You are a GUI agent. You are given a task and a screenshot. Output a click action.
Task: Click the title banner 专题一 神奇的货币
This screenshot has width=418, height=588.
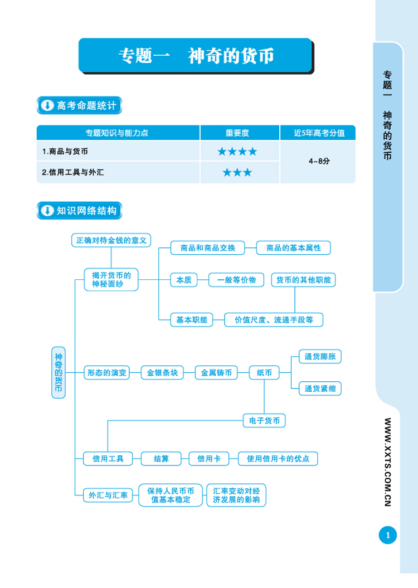point(196,55)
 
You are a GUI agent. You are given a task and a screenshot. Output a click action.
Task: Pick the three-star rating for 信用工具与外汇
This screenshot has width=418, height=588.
point(237,173)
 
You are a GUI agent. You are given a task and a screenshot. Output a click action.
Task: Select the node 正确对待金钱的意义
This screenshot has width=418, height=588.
point(111,240)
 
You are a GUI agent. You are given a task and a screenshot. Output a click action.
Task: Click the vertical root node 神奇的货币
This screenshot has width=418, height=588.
point(59,372)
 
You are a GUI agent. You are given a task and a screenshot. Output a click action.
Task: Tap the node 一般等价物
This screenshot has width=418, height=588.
point(236,280)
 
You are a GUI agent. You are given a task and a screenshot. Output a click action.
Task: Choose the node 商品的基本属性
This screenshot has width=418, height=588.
point(294,248)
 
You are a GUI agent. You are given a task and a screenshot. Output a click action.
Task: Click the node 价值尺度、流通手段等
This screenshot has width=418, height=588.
point(274,320)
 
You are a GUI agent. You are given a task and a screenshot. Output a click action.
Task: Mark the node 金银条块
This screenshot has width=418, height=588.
point(162,372)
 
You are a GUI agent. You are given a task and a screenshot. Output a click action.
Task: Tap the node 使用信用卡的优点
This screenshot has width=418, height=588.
point(278,459)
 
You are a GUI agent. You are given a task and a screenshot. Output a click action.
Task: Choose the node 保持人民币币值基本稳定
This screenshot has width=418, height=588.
point(171,495)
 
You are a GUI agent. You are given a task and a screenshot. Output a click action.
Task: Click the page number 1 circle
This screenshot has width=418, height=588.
point(387,536)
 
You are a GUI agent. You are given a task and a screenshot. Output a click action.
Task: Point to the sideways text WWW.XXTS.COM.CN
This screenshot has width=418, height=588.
point(388,461)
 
